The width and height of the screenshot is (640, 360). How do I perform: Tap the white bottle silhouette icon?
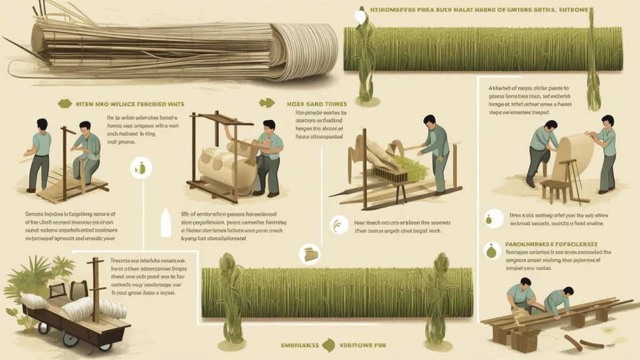click(166, 223)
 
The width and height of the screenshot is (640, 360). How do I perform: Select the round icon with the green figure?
click(140, 167)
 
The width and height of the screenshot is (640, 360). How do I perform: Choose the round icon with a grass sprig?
click(338, 224)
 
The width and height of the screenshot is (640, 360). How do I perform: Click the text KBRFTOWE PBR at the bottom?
click(360, 344)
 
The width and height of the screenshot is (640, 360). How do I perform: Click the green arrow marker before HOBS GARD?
click(267, 104)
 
